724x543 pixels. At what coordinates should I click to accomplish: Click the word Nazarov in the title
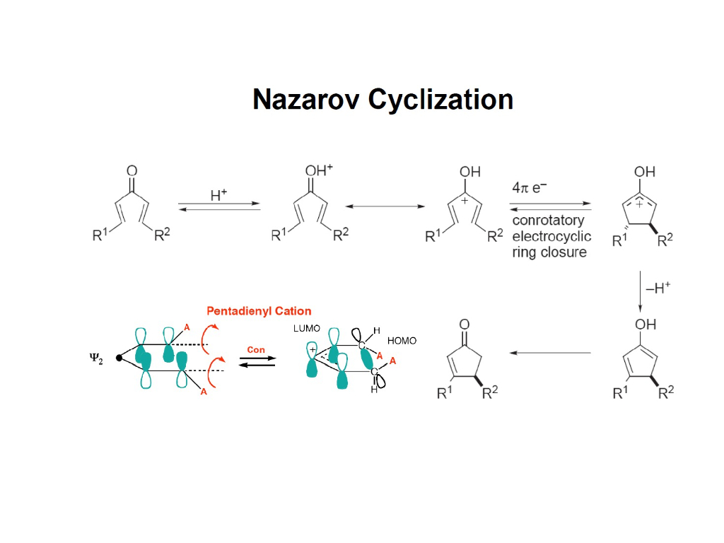tap(307, 100)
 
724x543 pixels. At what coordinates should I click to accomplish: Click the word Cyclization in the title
tap(440, 100)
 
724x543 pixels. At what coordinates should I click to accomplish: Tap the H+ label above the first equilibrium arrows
tap(219, 195)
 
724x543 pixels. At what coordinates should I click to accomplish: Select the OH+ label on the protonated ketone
tap(318, 170)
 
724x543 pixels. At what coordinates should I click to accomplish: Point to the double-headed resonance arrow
tap(385, 206)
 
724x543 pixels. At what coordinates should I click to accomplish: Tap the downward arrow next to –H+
tap(640, 290)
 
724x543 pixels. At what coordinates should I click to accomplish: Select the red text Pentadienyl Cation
tap(259, 310)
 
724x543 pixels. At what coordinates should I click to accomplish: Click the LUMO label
tap(307, 329)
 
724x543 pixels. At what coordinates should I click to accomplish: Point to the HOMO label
tap(402, 341)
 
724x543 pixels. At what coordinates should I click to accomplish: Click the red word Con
tap(256, 349)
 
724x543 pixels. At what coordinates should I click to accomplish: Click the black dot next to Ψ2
tap(119, 358)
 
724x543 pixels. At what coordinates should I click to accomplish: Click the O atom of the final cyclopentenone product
tap(465, 325)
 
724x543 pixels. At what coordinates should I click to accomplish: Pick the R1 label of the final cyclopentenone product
tap(444, 393)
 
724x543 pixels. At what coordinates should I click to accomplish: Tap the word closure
tap(564, 252)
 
